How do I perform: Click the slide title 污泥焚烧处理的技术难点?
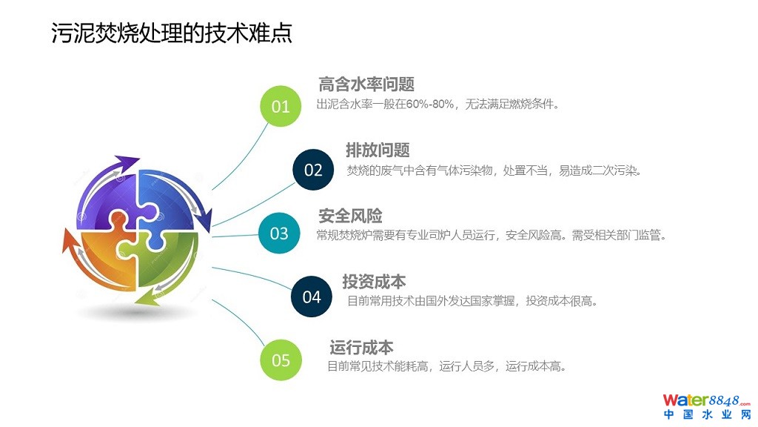(172, 33)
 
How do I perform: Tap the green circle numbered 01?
(281, 106)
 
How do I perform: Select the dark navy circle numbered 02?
(313, 170)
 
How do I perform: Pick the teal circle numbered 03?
(279, 233)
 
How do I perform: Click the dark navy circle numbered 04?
(312, 297)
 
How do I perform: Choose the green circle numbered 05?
(281, 360)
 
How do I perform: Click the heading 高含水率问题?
(366, 85)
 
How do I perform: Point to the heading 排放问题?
(378, 150)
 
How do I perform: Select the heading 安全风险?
(350, 216)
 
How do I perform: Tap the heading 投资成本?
(374, 281)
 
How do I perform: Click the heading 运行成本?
(361, 347)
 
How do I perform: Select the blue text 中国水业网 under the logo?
(707, 414)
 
